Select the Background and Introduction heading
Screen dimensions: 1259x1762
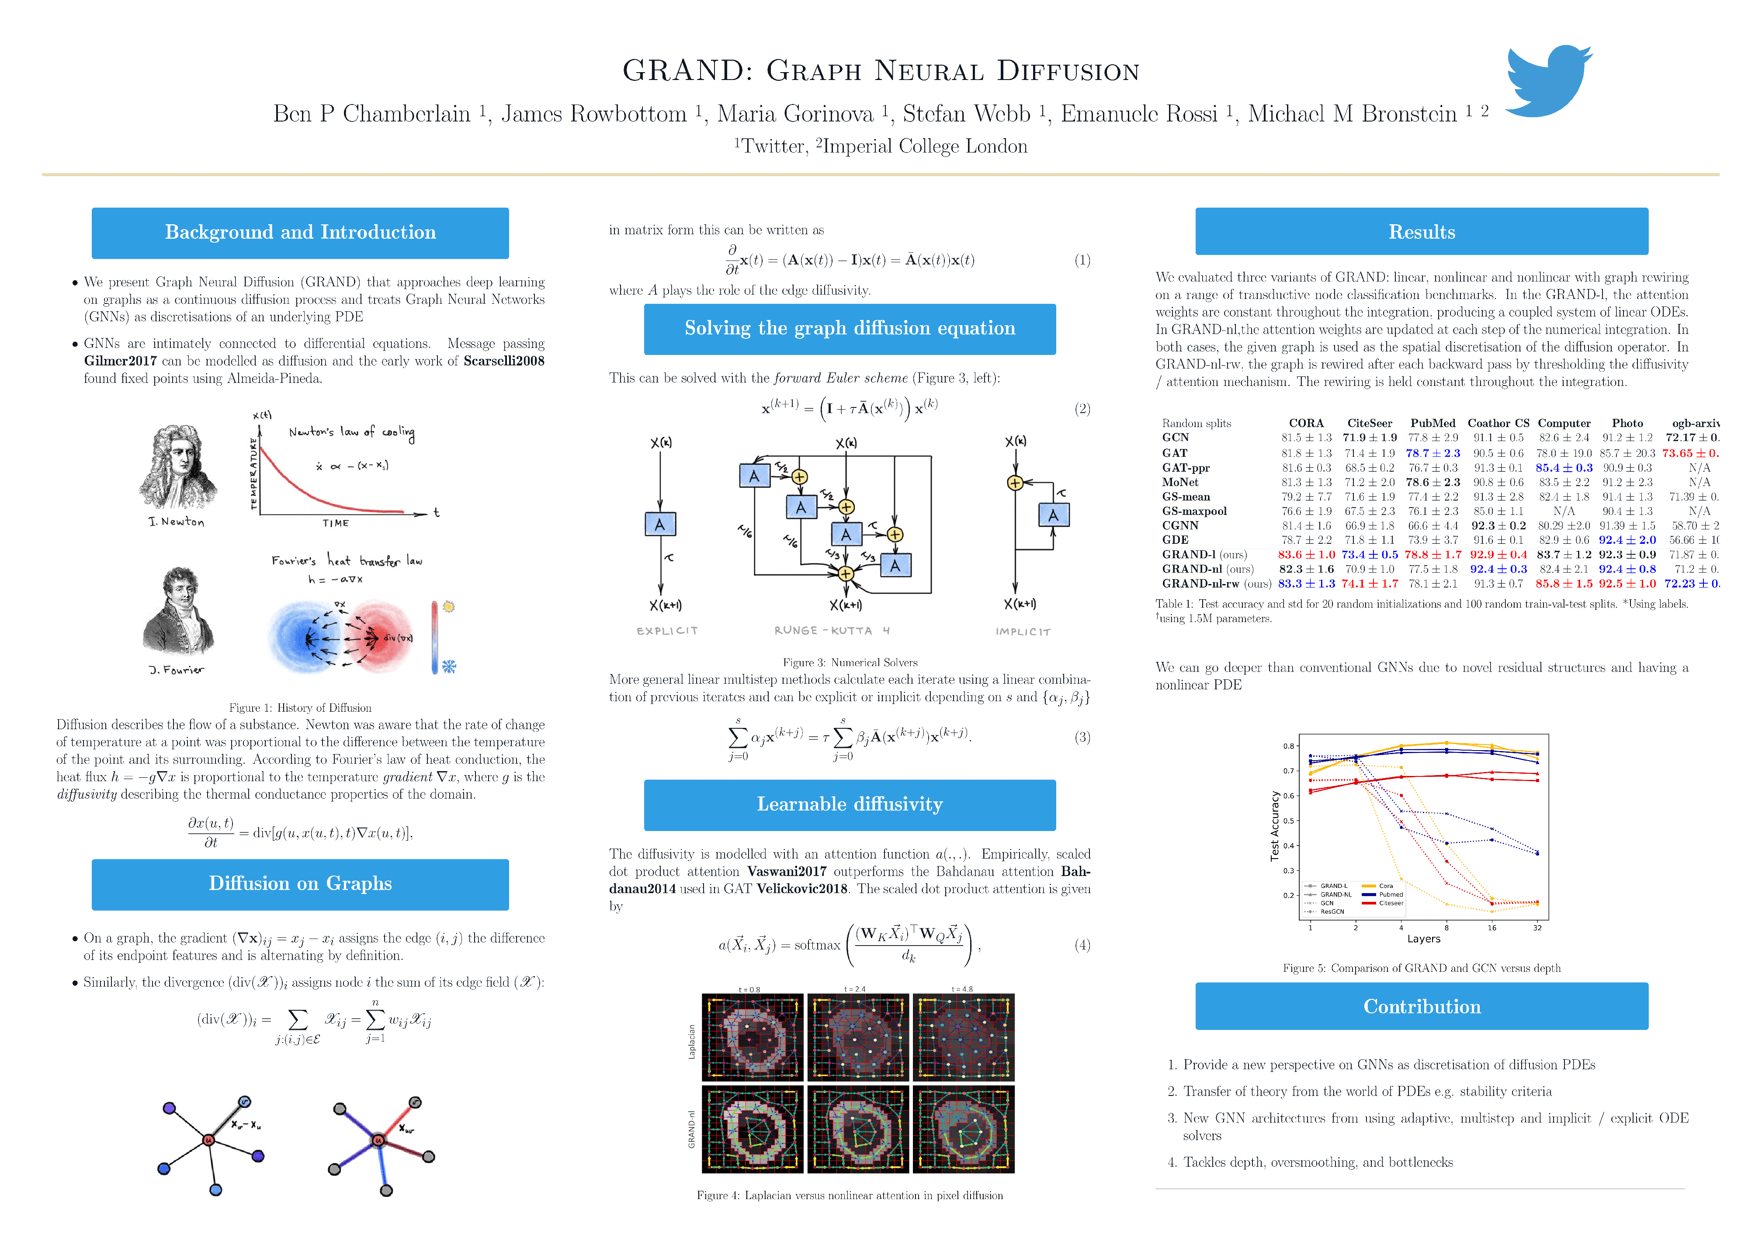[300, 233]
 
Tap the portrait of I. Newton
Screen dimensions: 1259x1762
[177, 467]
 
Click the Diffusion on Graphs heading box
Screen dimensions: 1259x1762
[300, 884]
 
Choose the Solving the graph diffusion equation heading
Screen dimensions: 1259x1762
[849, 329]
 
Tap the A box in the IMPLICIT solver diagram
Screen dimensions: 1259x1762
[1053, 515]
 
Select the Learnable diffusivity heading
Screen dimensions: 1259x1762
[849, 805]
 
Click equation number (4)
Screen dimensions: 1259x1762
[1082, 945]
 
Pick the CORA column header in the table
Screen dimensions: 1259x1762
[1306, 423]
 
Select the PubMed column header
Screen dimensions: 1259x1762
[1432, 423]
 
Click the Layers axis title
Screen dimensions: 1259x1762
[1423, 939]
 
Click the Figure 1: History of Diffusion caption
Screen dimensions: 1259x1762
[300, 708]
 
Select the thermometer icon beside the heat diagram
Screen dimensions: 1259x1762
[435, 637]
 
